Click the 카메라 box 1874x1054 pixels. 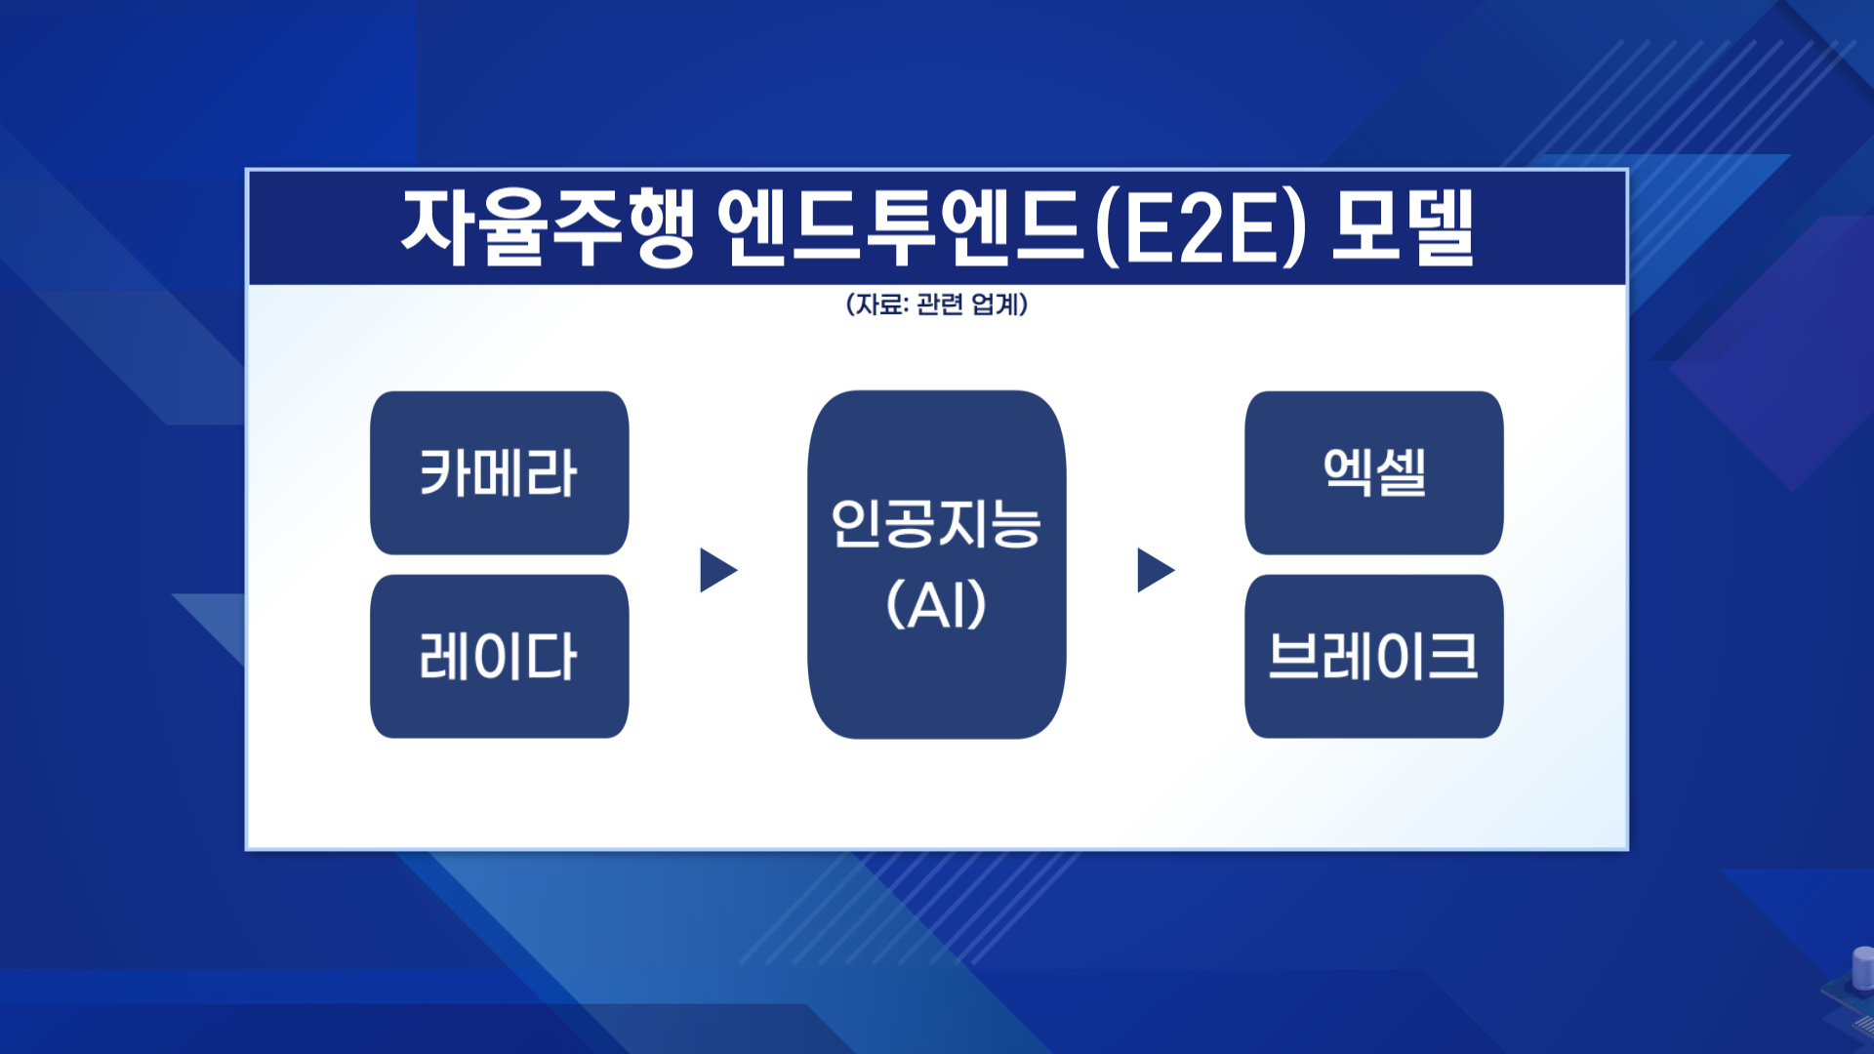tap(499, 473)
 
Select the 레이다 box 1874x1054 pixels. tap(499, 656)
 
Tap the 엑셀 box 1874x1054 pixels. tap(1373, 473)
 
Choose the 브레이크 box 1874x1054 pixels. tap(1373, 656)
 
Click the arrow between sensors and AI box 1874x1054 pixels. tap(717, 570)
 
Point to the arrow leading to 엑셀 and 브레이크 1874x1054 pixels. tap(1155, 570)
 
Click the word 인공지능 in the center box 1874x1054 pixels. tap(936, 523)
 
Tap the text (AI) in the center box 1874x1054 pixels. tap(936, 605)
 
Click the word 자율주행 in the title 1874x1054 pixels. tap(548, 227)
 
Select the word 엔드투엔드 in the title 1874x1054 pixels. tap(902, 227)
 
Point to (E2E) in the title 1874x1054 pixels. tap(1200, 229)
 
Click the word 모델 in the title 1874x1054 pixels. tap(1403, 227)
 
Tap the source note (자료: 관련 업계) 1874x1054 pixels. tap(937, 304)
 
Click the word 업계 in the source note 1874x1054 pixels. tap(995, 304)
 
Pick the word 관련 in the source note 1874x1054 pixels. tap(940, 304)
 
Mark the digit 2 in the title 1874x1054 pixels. tap(1200, 229)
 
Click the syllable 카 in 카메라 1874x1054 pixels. tap(444, 473)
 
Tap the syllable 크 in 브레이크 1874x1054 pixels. tap(1452, 656)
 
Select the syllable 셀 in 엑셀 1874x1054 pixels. tap(1403, 473)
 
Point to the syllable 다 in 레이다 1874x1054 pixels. tap(552, 656)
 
